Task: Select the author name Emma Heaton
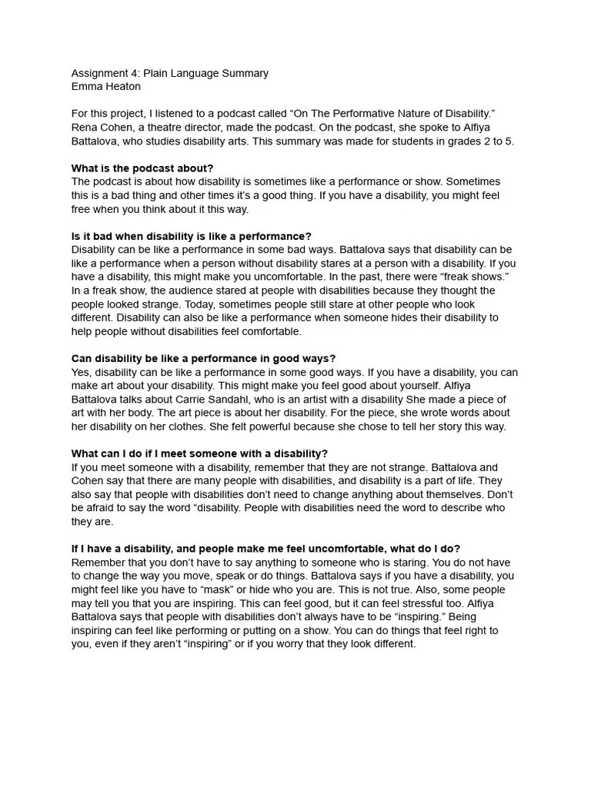point(106,87)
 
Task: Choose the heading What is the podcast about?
point(142,168)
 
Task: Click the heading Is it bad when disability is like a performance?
point(192,237)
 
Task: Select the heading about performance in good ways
point(203,359)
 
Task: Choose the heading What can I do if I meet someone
point(199,454)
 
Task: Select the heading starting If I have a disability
point(265,549)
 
